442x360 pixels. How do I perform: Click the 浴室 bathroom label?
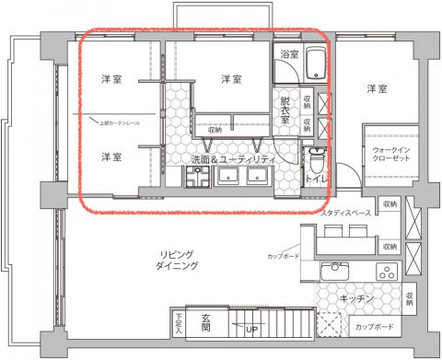[x=289, y=55]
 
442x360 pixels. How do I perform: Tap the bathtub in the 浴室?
[x=313, y=65]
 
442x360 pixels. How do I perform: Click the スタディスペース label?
[x=346, y=213]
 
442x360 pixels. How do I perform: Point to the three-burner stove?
[x=386, y=272]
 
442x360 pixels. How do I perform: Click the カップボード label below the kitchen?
[x=374, y=328]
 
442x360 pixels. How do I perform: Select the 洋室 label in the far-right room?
[x=377, y=89]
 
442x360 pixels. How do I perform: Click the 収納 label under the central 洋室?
[x=215, y=130]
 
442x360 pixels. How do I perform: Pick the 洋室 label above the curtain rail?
[x=112, y=79]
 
